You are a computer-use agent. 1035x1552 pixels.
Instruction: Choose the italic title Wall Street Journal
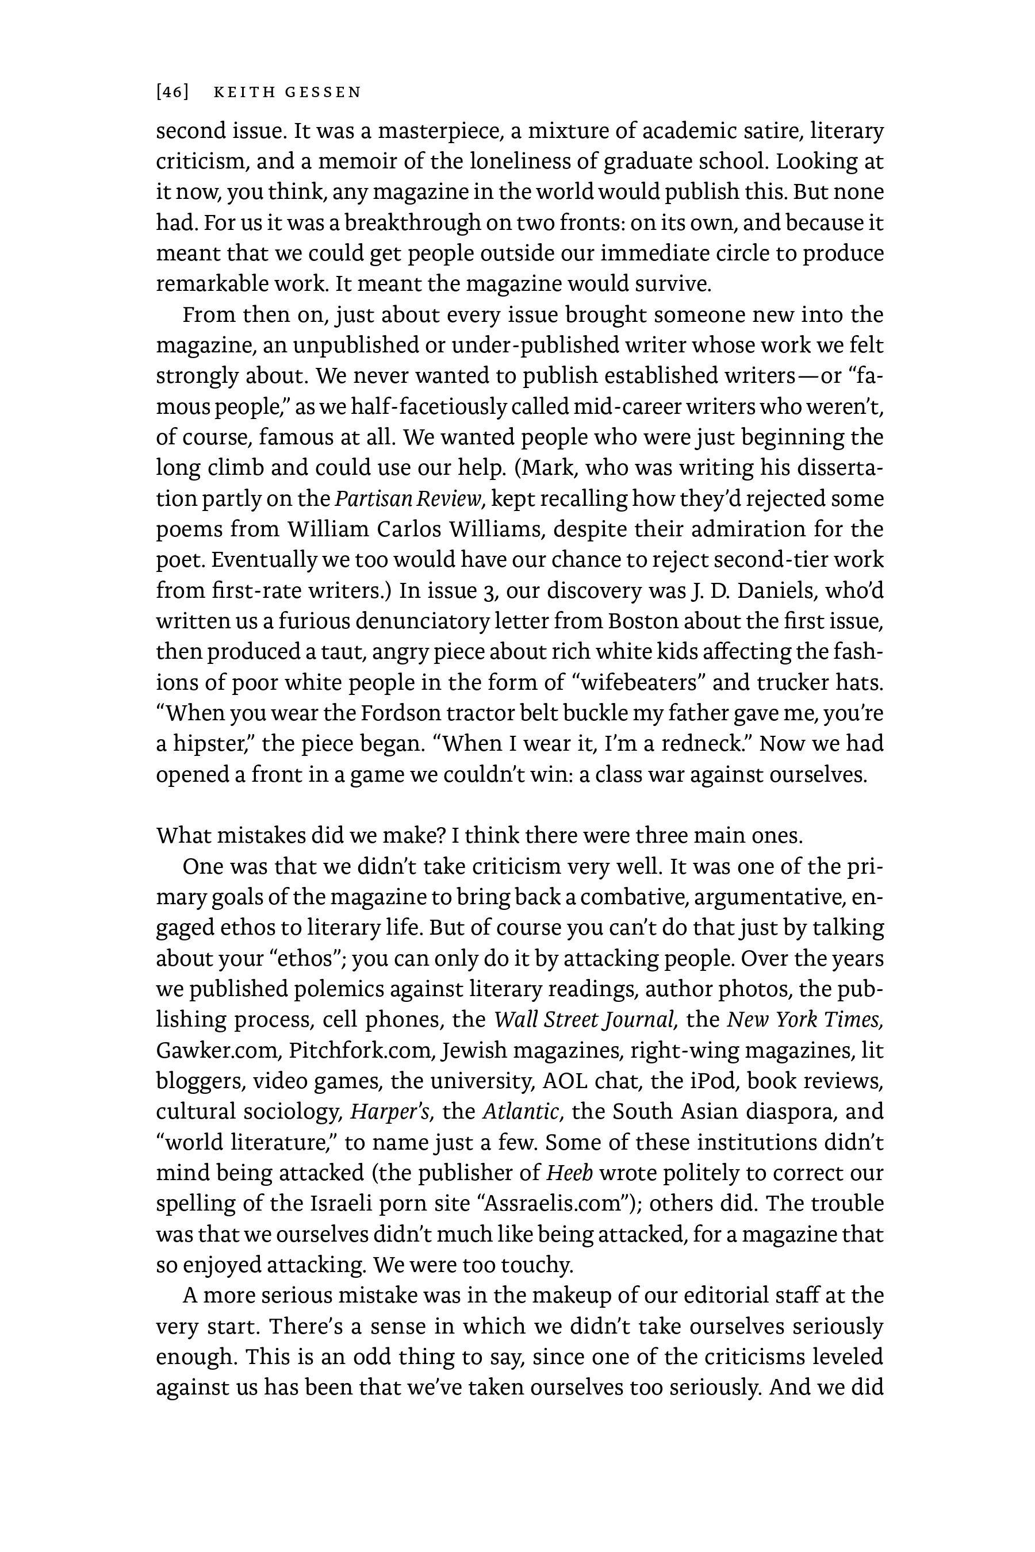coord(584,1020)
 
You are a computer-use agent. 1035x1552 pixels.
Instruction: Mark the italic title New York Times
coord(804,1020)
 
